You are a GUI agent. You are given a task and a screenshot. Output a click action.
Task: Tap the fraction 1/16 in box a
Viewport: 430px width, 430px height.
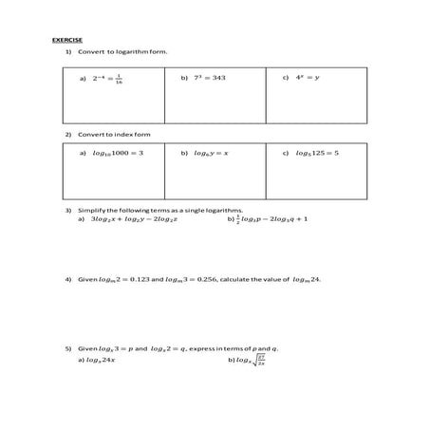pos(118,81)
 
